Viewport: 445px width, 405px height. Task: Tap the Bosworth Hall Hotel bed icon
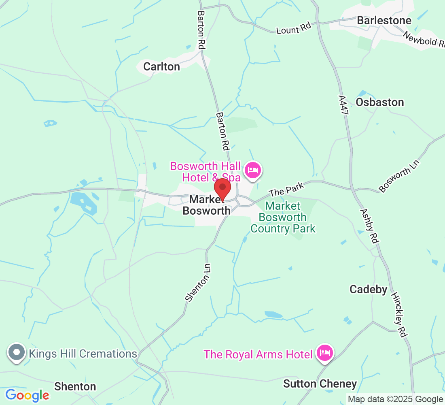point(253,170)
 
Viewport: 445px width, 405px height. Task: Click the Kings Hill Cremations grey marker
point(17,353)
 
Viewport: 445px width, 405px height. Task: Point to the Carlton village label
point(162,66)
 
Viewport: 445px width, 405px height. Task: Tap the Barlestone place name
point(384,21)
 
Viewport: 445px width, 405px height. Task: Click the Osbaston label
point(380,102)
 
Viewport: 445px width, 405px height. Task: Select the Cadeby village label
point(369,289)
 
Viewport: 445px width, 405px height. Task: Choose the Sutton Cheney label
point(320,384)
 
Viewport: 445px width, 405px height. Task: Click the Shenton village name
point(75,386)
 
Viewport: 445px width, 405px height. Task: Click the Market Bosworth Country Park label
point(283,217)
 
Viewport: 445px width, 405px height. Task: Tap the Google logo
point(27,395)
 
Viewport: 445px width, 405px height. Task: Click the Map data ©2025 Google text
point(395,399)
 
